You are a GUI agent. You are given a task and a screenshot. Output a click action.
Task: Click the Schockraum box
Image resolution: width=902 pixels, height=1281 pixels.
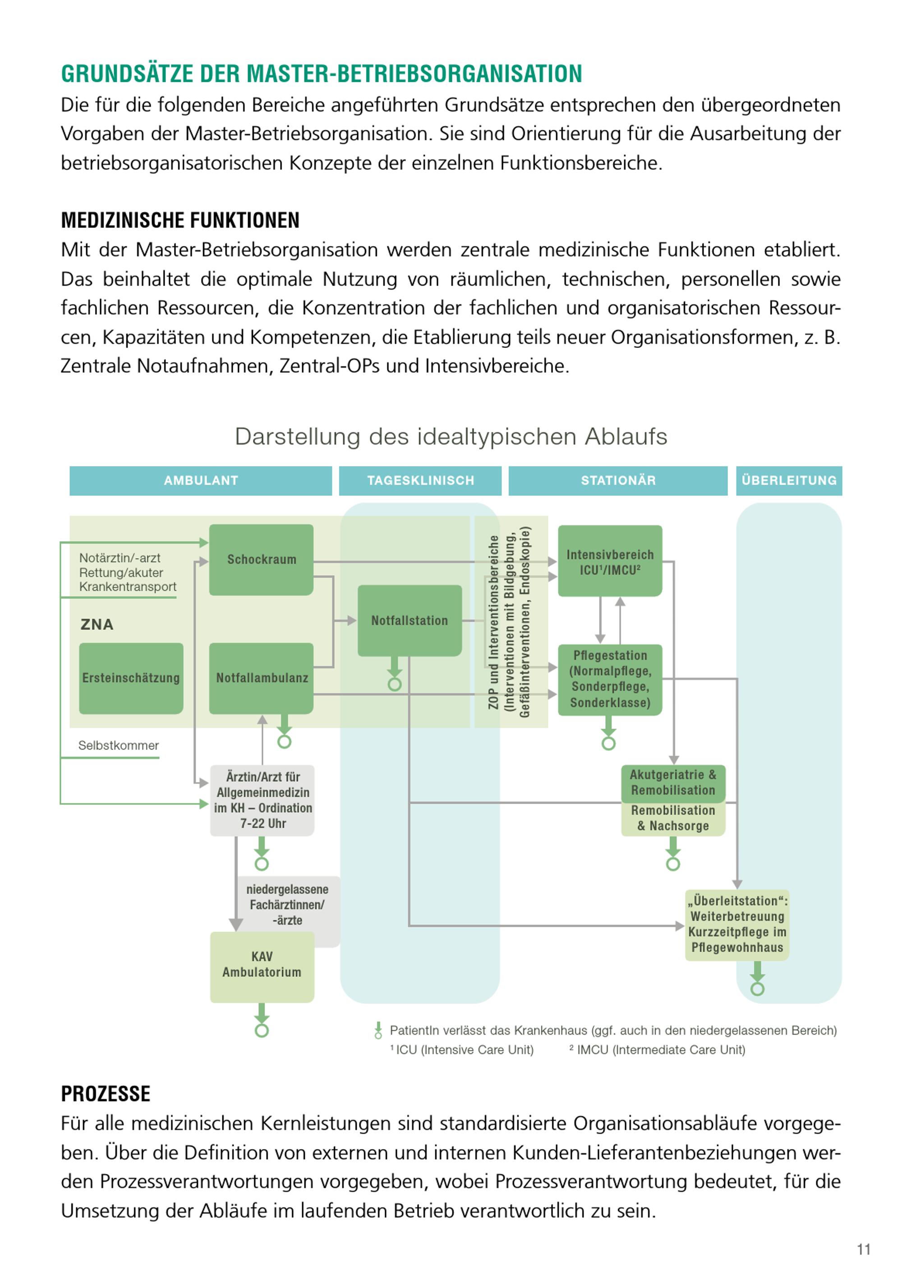pyautogui.click(x=261, y=559)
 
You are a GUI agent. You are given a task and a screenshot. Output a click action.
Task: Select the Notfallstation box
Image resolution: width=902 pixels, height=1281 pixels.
pyautogui.click(x=410, y=620)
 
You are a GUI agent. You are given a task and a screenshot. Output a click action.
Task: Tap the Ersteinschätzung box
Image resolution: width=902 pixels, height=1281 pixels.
pyautogui.click(x=131, y=678)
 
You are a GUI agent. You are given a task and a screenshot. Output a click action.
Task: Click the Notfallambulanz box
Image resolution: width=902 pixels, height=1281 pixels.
pyautogui.click(x=261, y=678)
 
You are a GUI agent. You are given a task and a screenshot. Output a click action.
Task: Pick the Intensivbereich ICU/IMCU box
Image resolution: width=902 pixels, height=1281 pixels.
pyautogui.click(x=610, y=561)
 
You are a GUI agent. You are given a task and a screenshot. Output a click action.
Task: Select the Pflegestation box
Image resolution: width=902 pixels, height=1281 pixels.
pyautogui.click(x=610, y=679)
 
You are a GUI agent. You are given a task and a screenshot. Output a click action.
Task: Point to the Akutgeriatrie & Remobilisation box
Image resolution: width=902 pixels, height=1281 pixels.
pyautogui.click(x=673, y=782)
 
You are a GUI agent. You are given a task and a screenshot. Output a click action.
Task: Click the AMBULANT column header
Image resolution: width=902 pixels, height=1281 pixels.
pyautogui.click(x=201, y=481)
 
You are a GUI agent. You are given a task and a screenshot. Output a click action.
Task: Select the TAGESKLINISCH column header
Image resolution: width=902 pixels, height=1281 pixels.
pyautogui.click(x=420, y=481)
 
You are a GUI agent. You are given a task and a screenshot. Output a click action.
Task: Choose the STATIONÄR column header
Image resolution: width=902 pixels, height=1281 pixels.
pyautogui.click(x=618, y=481)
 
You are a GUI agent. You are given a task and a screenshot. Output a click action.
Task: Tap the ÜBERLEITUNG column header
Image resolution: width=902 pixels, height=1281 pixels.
pyautogui.click(x=789, y=481)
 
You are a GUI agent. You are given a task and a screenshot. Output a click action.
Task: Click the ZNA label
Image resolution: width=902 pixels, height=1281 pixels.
pyautogui.click(x=97, y=624)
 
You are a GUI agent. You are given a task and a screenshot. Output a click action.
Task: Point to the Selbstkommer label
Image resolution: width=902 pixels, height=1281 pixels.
pyautogui.click(x=118, y=745)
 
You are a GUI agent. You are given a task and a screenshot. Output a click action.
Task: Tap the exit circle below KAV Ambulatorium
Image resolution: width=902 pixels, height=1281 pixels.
pyautogui.click(x=262, y=1031)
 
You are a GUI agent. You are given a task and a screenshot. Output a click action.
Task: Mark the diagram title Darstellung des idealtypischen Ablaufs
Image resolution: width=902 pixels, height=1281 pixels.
pyautogui.click(x=451, y=436)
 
